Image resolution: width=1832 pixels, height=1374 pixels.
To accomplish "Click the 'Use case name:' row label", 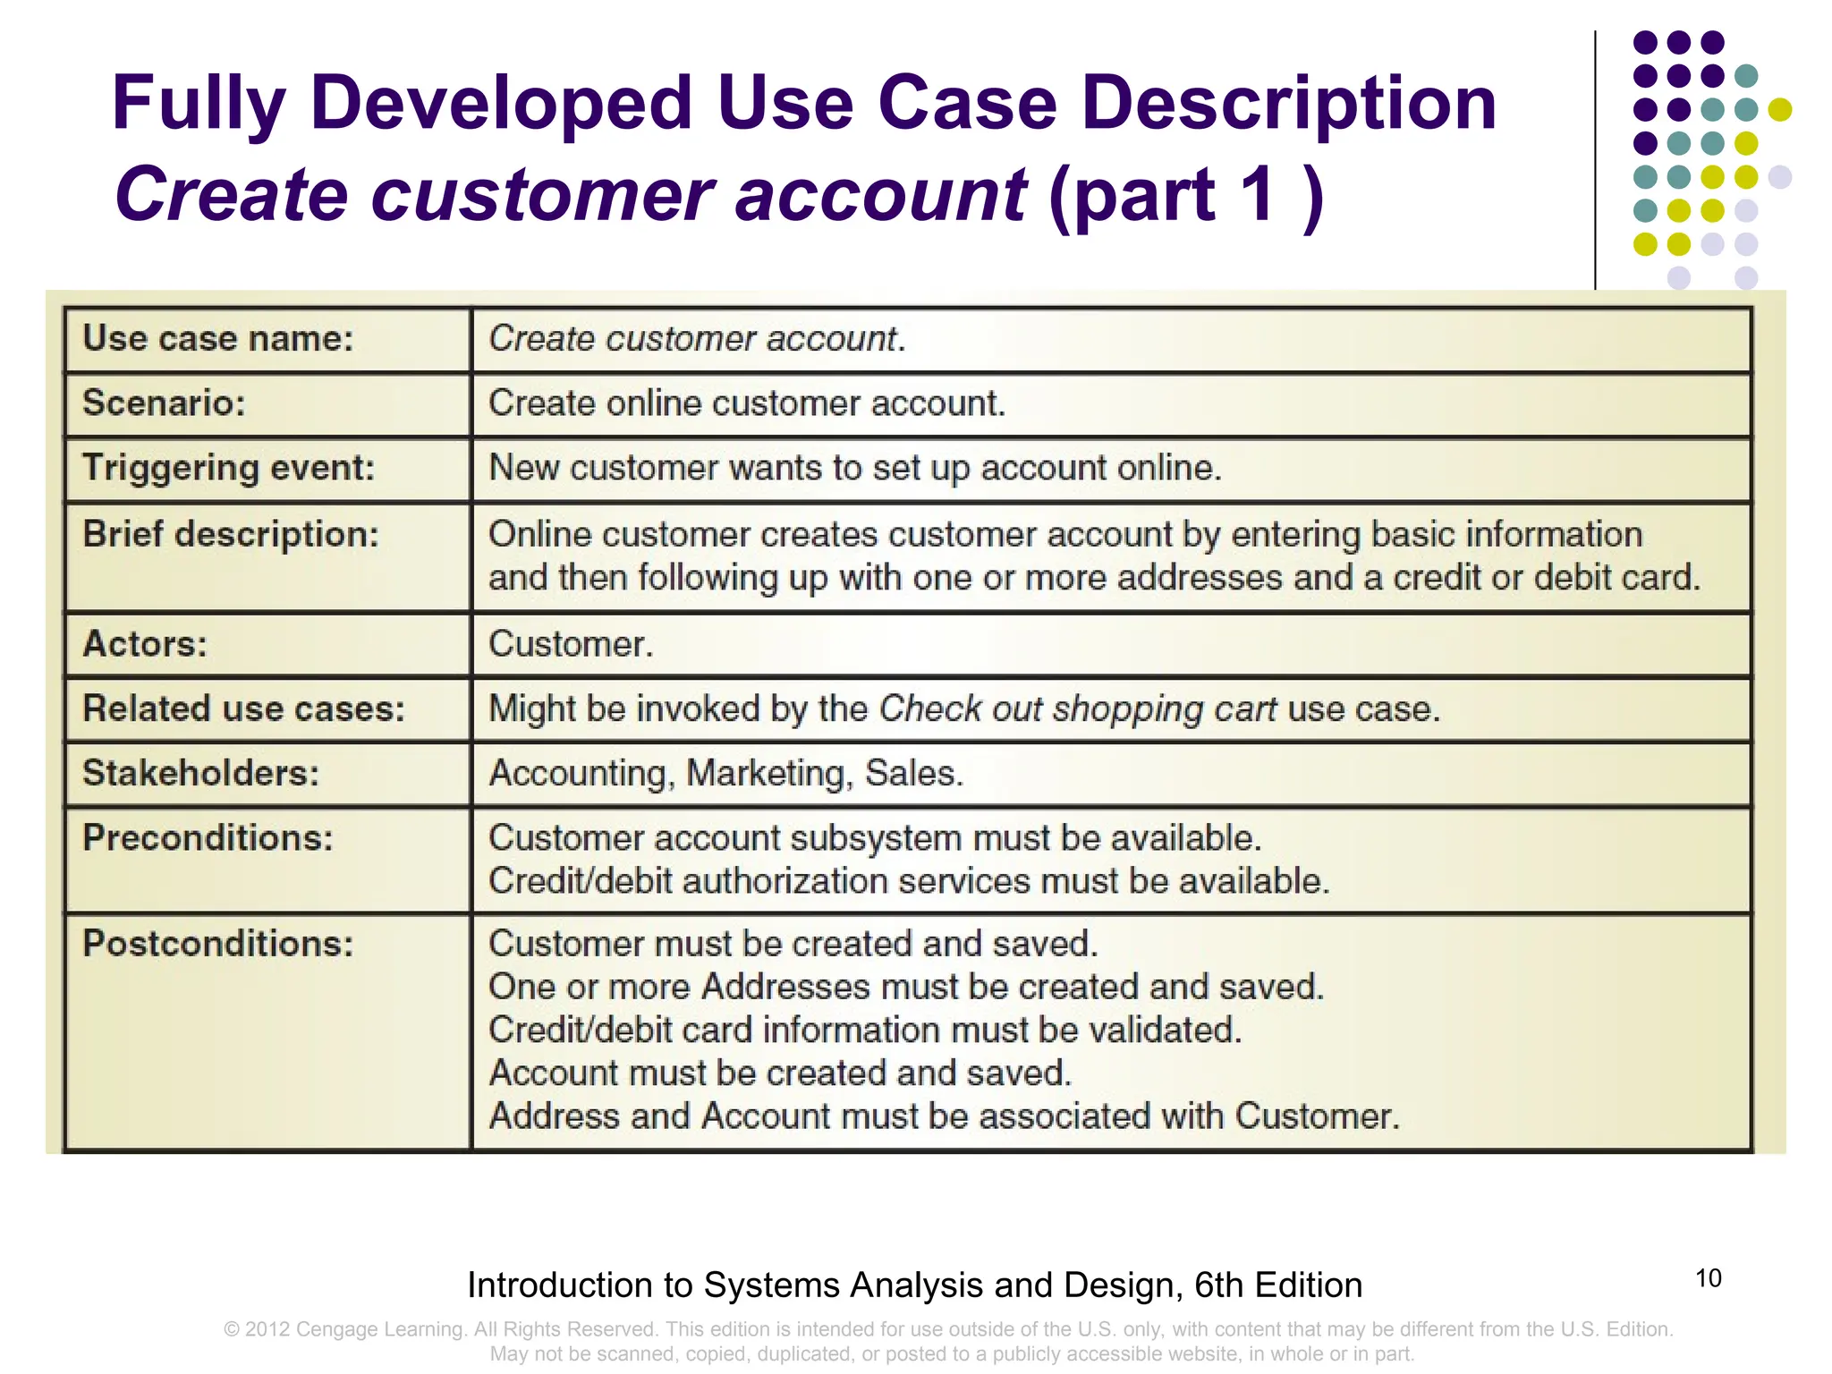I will (218, 338).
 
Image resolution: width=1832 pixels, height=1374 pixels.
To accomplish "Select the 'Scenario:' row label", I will (164, 403).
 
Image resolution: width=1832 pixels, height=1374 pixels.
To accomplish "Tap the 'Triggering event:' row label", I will (228, 468).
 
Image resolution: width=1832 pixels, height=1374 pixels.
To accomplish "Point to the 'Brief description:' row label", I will (231, 534).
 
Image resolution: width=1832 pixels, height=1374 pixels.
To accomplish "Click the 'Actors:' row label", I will (145, 644).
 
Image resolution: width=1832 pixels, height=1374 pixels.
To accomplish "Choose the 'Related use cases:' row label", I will (243, 708).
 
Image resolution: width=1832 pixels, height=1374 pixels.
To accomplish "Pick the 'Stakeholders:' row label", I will (200, 773).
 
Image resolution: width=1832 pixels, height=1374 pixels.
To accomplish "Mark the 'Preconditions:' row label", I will (208, 838).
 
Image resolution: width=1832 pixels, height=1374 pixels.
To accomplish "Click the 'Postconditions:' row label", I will (218, 944).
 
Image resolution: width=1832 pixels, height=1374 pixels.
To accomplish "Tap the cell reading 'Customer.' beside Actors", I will (571, 644).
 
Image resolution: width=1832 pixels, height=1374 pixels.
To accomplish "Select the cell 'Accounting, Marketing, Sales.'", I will (725, 773).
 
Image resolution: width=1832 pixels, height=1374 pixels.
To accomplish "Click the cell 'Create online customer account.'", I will (747, 403).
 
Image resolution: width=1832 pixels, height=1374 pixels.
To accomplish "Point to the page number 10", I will (1708, 1278).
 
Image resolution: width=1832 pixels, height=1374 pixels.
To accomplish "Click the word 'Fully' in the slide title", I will (198, 105).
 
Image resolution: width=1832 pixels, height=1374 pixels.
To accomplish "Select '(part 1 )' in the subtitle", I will (1185, 195).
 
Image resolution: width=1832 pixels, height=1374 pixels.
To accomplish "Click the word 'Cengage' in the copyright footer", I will (338, 1329).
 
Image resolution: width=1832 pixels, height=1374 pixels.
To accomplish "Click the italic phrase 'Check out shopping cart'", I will (1077, 708).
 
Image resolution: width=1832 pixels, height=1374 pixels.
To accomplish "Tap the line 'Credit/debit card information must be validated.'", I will (865, 1030).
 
